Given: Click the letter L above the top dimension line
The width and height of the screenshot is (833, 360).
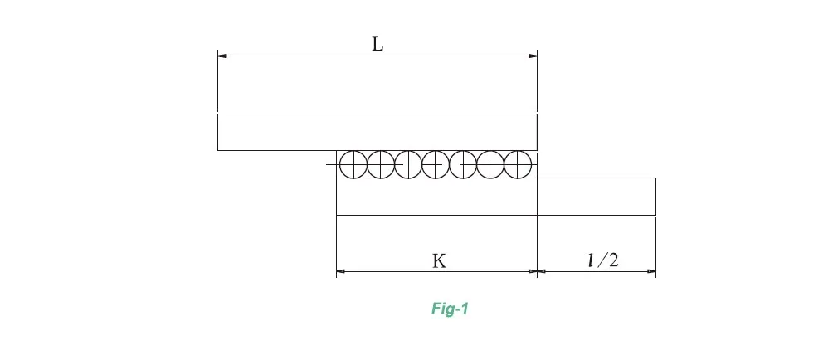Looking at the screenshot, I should pos(378,45).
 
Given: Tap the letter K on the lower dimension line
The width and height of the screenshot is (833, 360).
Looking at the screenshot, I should pos(439,260).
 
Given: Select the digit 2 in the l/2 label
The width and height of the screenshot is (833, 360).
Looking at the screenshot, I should pos(613,260).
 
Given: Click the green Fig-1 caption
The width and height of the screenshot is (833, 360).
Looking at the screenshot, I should pos(451,309).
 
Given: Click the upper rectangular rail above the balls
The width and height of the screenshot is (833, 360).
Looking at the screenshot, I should pos(377,132).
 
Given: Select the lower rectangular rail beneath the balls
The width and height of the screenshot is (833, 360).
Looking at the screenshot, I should pos(495,197).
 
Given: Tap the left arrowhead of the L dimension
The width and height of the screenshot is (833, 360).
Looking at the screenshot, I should pos(222,56).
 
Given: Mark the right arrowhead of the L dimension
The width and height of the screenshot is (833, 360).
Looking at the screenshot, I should pos(533,56).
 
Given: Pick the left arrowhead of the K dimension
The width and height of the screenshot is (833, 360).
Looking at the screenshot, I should pos(340,271).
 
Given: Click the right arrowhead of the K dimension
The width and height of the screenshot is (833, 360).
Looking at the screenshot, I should pos(533,271).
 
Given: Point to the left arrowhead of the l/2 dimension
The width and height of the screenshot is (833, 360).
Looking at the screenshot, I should pos(542,271).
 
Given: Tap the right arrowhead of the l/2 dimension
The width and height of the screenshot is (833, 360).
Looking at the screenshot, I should pos(651,271).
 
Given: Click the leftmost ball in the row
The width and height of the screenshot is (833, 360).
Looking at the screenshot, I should pos(353,164).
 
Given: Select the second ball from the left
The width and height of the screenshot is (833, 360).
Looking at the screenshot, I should pos(381,164).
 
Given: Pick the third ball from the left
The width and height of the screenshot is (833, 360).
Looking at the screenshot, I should pos(408,164).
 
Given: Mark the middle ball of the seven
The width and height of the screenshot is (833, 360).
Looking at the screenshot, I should pos(436,164).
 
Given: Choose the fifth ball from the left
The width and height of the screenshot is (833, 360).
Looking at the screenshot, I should pos(462,164).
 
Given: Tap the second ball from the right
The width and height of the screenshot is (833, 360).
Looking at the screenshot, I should pos(490,164).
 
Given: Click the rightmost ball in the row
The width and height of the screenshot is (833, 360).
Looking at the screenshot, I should pos(517,164).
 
